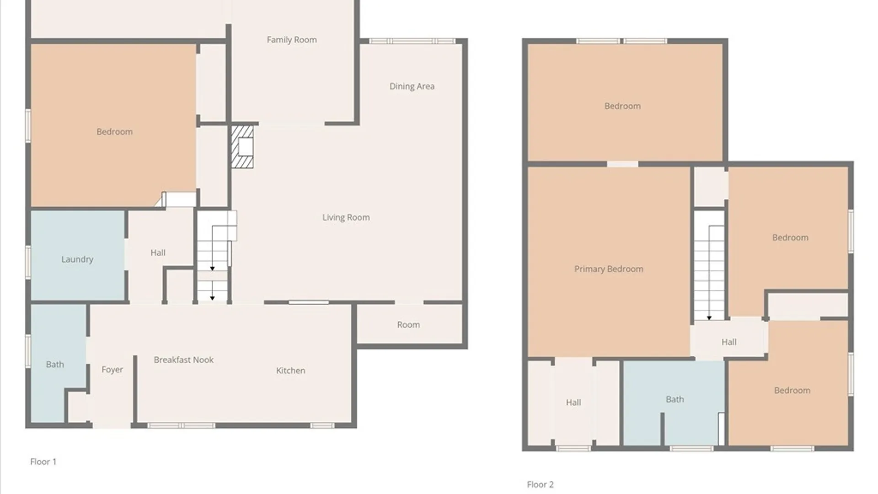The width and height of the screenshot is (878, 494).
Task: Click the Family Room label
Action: pos(292,40)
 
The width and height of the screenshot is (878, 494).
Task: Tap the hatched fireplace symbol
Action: pos(242,147)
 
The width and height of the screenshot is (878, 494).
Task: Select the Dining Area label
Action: pos(412,86)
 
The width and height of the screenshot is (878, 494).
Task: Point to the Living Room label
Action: pos(346,218)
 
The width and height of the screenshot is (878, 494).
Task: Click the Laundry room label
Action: pos(77,259)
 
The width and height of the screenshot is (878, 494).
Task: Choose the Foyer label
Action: pos(112,370)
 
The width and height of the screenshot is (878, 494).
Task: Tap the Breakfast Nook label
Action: pos(184,360)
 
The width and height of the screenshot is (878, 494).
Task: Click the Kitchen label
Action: pos(291,370)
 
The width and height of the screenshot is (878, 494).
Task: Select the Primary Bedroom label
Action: pos(609,269)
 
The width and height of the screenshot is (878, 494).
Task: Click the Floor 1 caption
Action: pos(43,462)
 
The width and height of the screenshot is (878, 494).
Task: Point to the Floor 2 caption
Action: pos(540,484)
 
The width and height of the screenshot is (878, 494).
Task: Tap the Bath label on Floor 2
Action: pos(675,399)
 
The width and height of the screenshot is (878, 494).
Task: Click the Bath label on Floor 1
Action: pos(55,365)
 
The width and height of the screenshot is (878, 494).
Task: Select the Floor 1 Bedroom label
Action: pos(114,132)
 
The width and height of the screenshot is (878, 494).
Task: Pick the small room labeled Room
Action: pos(408,325)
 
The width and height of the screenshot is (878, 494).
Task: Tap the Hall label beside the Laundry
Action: pos(158,252)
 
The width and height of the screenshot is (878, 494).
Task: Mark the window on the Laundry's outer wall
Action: pos(28,262)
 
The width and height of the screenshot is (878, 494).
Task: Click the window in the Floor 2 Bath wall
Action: pos(691,449)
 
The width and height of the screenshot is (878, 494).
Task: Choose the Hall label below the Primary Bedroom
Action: pos(573,403)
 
